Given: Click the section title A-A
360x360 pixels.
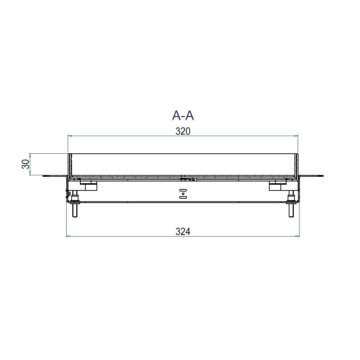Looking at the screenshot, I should tap(183, 115).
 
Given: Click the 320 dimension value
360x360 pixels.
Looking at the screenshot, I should tap(183, 131).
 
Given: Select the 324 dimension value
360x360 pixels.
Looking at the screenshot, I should tap(183, 231).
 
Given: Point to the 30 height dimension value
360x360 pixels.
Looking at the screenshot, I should tap(25, 165).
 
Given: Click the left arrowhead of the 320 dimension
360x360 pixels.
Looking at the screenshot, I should tap(69, 136).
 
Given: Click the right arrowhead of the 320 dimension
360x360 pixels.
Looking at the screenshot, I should tap(296, 136).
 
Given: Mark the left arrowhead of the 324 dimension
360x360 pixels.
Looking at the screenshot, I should tap(68, 236).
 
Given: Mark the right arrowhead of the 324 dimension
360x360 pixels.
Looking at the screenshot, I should tap(298, 236).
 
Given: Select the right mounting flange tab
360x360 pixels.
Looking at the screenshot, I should tap(312, 176).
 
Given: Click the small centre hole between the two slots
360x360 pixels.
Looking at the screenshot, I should tap(183, 194).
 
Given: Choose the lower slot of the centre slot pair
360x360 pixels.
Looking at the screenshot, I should tap(183, 197).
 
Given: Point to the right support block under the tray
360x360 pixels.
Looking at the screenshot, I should tap(277, 185).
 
